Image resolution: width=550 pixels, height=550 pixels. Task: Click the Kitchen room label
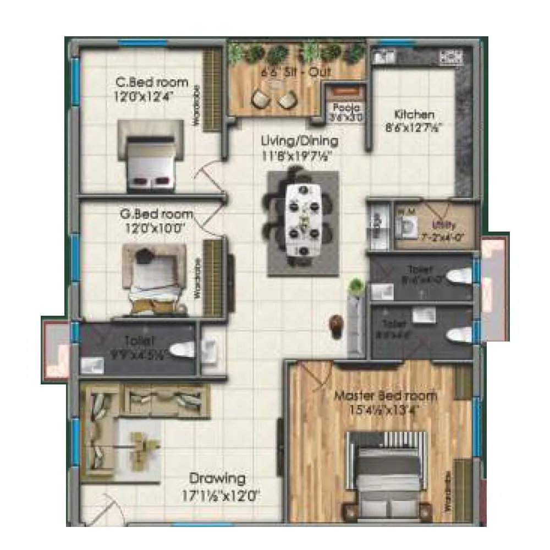click(414, 115)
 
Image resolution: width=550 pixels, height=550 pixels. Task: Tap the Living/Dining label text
click(300, 141)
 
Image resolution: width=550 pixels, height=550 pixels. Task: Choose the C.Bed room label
click(151, 82)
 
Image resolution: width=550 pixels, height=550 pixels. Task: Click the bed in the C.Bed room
click(150, 159)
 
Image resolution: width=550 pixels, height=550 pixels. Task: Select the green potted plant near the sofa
click(356, 286)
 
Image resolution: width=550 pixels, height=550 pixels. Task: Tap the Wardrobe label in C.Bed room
click(195, 113)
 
